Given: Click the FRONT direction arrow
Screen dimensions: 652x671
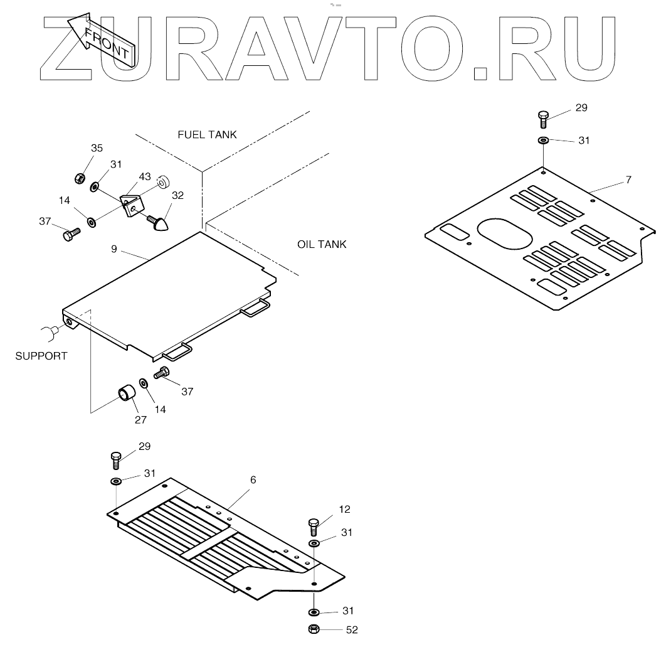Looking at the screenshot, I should [x=100, y=39].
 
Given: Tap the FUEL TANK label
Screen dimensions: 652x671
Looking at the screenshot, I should [x=207, y=135].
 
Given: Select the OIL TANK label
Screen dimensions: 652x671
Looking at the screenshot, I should [x=321, y=244].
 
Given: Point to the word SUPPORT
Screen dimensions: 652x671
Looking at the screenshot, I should [x=41, y=356].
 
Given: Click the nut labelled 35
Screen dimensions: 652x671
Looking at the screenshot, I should [x=80, y=179].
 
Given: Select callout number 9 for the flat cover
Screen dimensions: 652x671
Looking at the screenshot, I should [x=114, y=249].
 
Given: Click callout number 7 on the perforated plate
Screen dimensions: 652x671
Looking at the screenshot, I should [x=628, y=180].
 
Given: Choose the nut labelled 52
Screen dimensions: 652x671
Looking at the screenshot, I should [x=314, y=629].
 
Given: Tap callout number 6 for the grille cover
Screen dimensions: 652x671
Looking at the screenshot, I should [x=253, y=479].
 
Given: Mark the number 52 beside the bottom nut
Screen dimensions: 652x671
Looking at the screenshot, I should [x=352, y=630].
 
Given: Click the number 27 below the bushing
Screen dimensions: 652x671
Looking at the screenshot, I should [x=140, y=420].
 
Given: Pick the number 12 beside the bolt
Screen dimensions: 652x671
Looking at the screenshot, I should [x=344, y=509].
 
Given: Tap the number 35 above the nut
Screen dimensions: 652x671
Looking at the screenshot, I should [x=97, y=148].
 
